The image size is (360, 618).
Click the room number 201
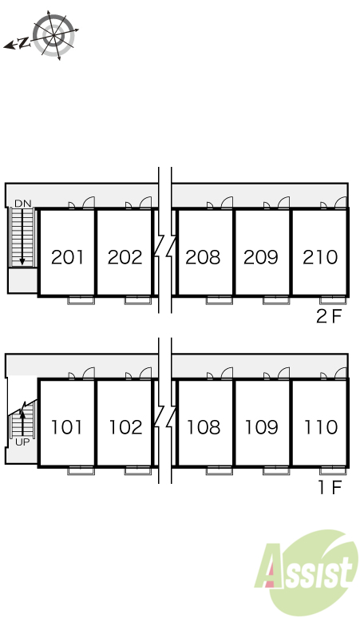(67, 257)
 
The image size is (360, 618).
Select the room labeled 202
(125, 257)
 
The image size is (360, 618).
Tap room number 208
(203, 257)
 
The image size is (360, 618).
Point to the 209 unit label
(261, 257)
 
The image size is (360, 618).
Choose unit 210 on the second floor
(320, 257)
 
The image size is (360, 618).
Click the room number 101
(67, 427)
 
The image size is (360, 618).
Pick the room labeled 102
(125, 427)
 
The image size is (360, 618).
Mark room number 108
(204, 427)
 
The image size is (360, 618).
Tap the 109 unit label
(261, 427)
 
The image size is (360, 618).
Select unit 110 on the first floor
(321, 427)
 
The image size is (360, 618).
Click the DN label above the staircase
(23, 204)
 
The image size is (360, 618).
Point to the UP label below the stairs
(22, 442)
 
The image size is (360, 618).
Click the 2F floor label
(329, 316)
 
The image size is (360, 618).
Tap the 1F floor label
(330, 488)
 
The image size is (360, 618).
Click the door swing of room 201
(89, 203)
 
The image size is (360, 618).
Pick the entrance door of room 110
(341, 203)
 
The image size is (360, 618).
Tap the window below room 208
(220, 300)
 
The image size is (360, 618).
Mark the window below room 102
(138, 470)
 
